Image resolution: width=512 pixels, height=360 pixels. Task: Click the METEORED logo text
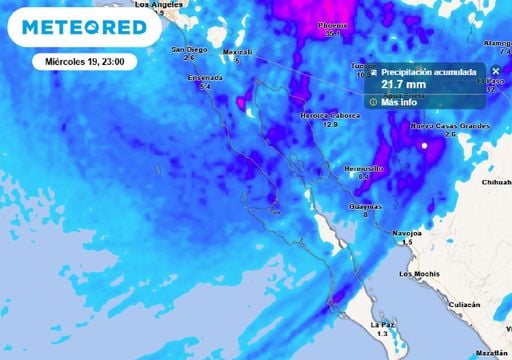click(88, 27)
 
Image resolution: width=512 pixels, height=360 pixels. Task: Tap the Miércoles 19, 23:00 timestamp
click(84, 61)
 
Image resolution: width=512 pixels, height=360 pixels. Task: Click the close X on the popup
click(495, 71)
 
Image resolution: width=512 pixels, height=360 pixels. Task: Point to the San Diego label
click(189, 49)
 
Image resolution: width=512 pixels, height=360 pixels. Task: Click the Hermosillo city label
click(364, 169)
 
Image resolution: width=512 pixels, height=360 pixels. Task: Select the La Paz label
click(381, 325)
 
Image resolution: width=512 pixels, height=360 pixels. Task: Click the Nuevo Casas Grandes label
click(450, 126)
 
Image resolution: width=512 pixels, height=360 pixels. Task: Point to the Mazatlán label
click(493, 353)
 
